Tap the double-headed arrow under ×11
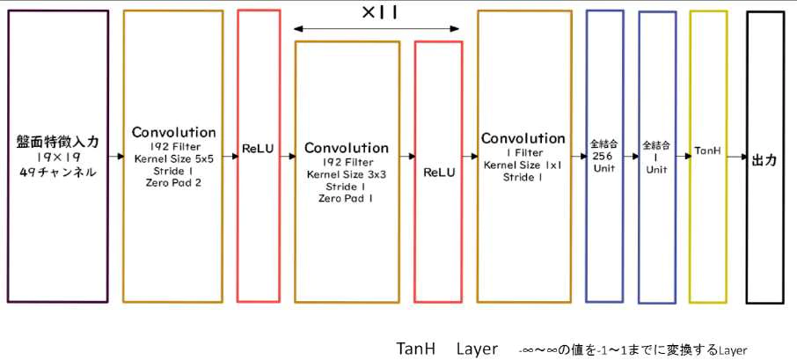[377, 29]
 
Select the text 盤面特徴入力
[57, 141]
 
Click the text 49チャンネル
[57, 172]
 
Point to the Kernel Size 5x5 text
[173, 159]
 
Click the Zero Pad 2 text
[173, 184]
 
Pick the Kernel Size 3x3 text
[346, 174]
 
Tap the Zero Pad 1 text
[346, 199]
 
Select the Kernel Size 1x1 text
[523, 165]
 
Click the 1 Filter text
[523, 152]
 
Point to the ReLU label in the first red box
[260, 151]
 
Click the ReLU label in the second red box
[438, 173]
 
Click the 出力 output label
[764, 161]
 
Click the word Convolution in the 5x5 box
[173, 132]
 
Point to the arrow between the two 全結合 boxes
[630, 157]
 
